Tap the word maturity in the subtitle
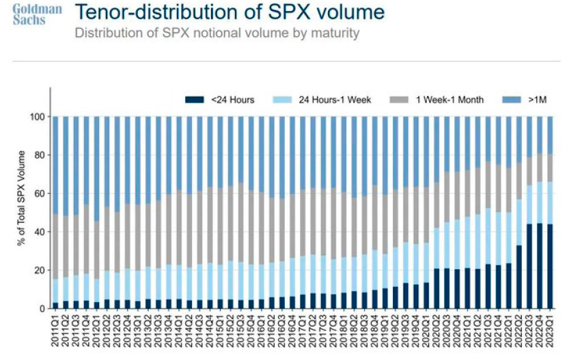coord(335,33)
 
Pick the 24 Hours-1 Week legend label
coord(335,100)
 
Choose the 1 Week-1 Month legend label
coord(450,100)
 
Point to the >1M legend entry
coord(532,100)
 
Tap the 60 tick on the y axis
coord(40,193)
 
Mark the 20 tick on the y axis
coord(40,270)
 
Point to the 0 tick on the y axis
coord(42,308)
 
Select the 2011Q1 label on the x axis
coord(55,330)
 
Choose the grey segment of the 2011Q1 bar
coord(55,246)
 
